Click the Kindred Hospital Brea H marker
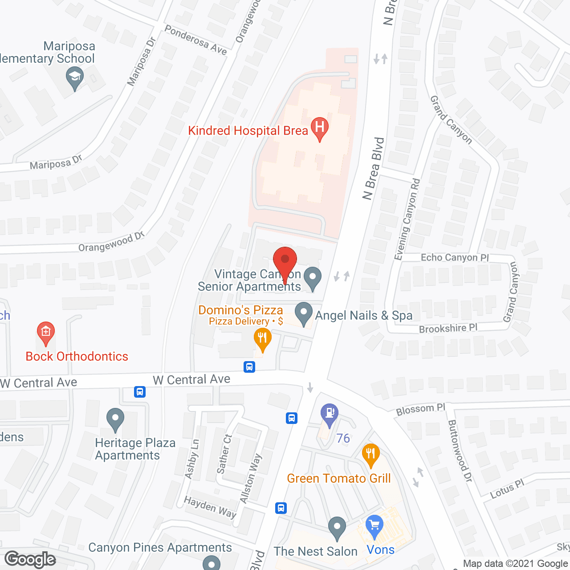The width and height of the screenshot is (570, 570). click(319, 127)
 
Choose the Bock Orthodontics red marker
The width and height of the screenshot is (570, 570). click(45, 332)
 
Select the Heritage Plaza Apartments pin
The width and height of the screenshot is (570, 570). click(115, 419)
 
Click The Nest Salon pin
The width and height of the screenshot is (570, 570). click(337, 527)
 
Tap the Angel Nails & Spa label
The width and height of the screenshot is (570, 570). click(363, 315)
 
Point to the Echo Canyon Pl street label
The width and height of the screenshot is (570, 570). click(455, 257)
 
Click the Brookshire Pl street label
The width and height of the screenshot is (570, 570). click(448, 328)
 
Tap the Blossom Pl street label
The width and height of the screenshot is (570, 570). click(421, 409)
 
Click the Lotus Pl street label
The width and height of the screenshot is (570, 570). click(507, 489)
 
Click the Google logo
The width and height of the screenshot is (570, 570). click(30, 559)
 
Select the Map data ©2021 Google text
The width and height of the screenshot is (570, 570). click(516, 564)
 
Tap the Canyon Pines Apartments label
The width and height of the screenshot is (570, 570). click(160, 547)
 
